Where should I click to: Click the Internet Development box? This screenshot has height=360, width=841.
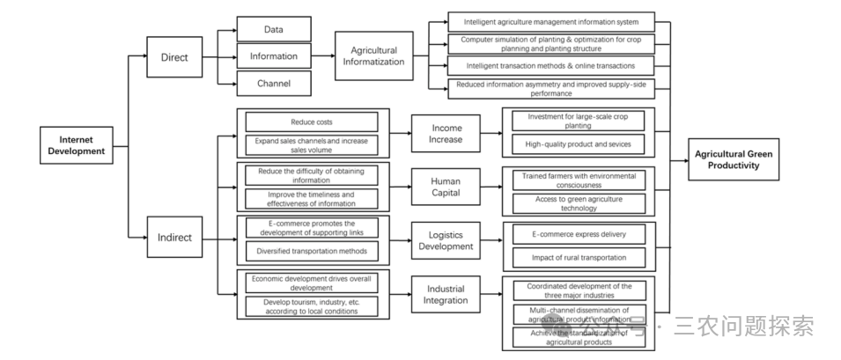82,145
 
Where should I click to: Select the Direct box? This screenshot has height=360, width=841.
174,56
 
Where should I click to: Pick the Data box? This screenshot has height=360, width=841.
274,29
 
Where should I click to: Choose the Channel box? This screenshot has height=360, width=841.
274,84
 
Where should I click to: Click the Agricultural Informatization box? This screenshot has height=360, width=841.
373,56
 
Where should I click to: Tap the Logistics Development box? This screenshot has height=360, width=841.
446,240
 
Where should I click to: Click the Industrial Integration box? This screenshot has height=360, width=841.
446,295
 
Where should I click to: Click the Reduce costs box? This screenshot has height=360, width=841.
312,121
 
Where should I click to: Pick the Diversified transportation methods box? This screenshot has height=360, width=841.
312,250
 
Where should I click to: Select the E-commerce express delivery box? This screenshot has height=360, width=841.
579,234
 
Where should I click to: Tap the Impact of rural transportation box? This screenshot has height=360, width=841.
579,257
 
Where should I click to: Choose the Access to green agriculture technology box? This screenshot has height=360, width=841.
579,203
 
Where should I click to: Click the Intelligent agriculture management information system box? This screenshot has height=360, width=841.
550,20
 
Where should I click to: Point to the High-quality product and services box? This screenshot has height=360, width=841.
579,143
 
